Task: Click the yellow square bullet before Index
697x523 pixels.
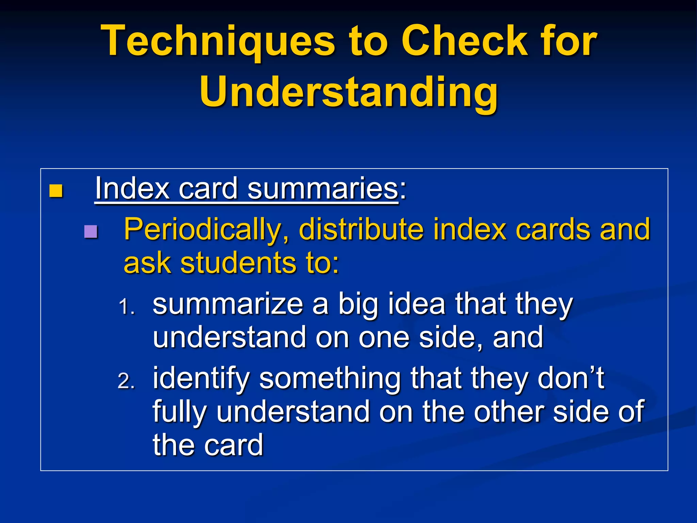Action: click(x=56, y=191)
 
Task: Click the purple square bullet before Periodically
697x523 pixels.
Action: click(x=91, y=232)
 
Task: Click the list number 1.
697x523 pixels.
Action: click(x=127, y=307)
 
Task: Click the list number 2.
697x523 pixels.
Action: click(x=127, y=381)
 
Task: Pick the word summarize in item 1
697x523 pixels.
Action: click(x=228, y=304)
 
